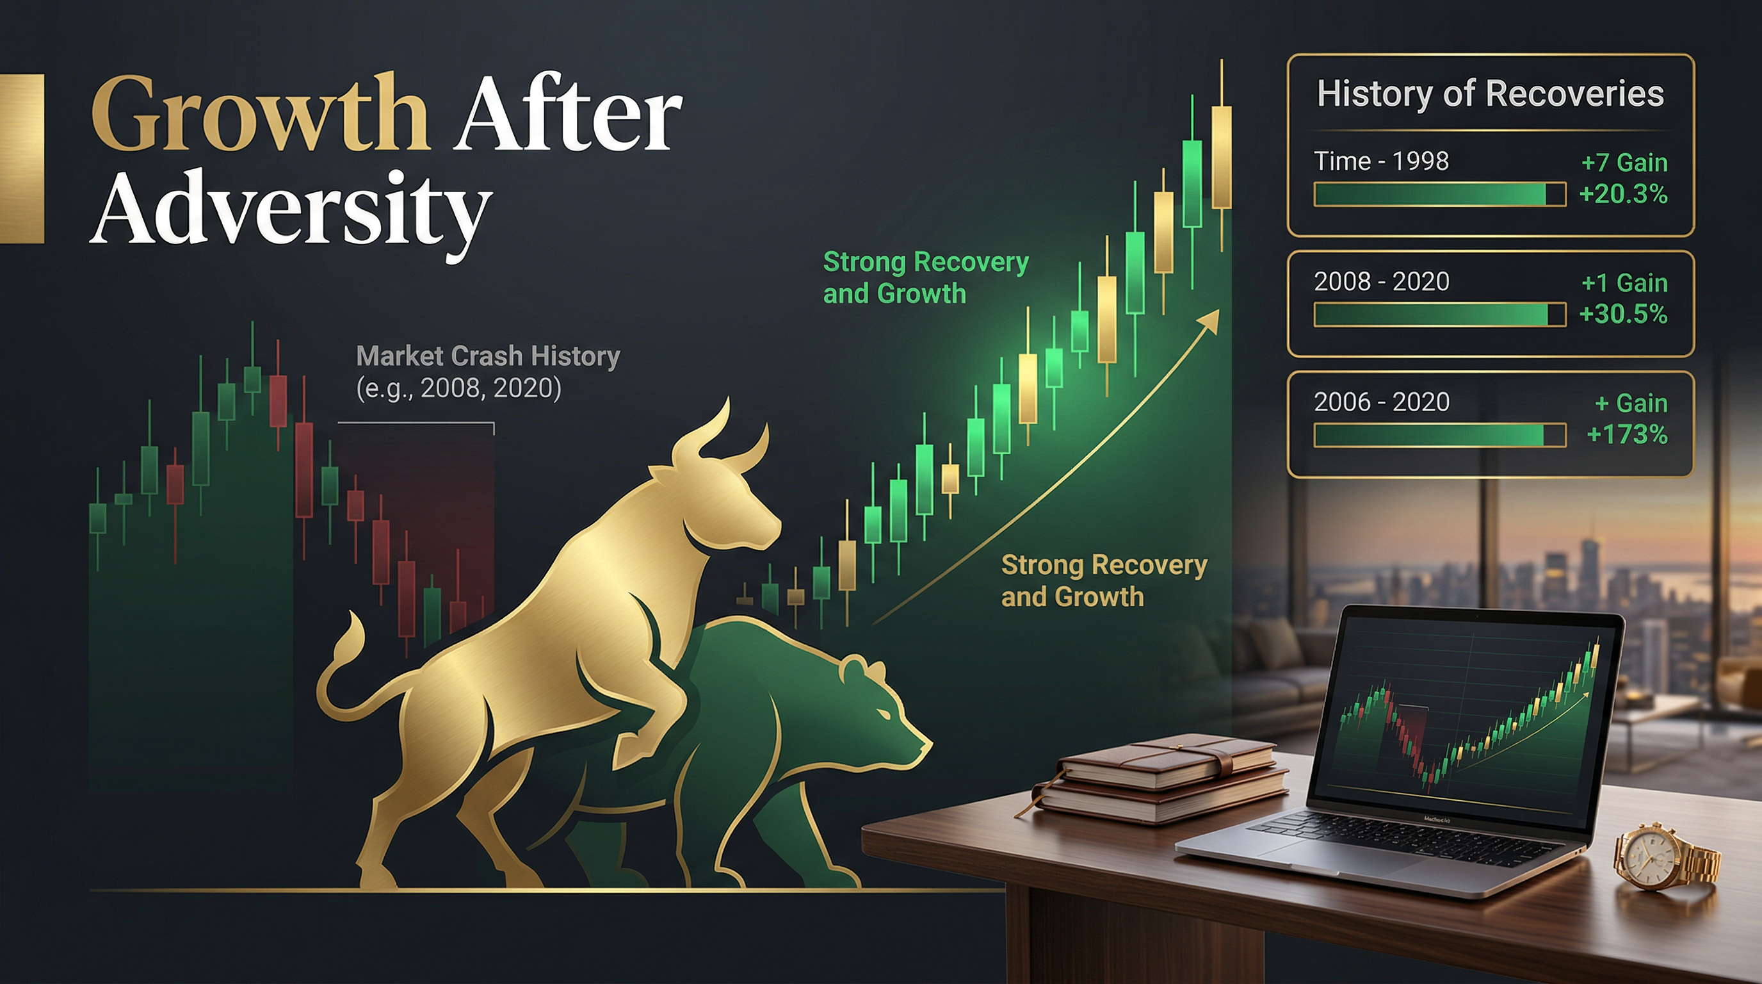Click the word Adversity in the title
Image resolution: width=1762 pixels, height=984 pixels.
tap(291, 208)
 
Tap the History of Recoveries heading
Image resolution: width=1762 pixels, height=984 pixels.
tap(1491, 94)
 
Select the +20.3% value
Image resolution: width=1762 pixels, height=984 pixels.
tap(1623, 194)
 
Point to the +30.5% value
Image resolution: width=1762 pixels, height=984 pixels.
tap(1623, 314)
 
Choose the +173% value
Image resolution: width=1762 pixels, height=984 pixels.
tap(1628, 434)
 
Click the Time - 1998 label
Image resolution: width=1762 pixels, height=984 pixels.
tap(1382, 161)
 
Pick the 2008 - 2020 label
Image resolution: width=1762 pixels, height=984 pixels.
tap(1382, 281)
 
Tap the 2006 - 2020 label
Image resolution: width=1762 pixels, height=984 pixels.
tap(1382, 402)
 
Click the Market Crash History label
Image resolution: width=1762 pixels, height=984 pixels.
tap(488, 356)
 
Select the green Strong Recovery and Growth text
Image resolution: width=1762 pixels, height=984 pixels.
tap(925, 278)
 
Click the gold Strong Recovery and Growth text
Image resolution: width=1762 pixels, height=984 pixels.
tap(1104, 581)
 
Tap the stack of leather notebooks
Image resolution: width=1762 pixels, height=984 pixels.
tap(1156, 780)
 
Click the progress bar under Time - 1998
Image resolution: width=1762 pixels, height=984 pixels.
tap(1440, 194)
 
